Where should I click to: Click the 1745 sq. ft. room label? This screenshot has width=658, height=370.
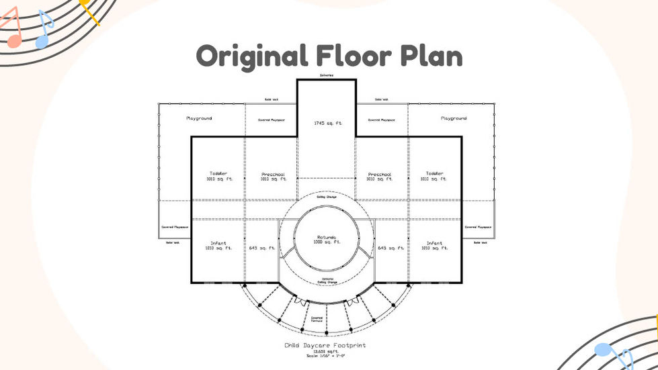click(x=327, y=124)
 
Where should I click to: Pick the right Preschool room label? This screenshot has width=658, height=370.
click(x=380, y=177)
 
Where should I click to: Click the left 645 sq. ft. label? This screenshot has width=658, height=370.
click(x=262, y=248)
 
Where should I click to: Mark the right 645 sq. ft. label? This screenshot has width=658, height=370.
click(x=391, y=248)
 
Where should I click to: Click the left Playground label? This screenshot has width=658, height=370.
click(x=199, y=118)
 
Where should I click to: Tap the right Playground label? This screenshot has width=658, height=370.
click(x=454, y=118)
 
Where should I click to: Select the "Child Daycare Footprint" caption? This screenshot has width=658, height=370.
click(x=325, y=346)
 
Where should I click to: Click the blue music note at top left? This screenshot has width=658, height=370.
click(x=44, y=30)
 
